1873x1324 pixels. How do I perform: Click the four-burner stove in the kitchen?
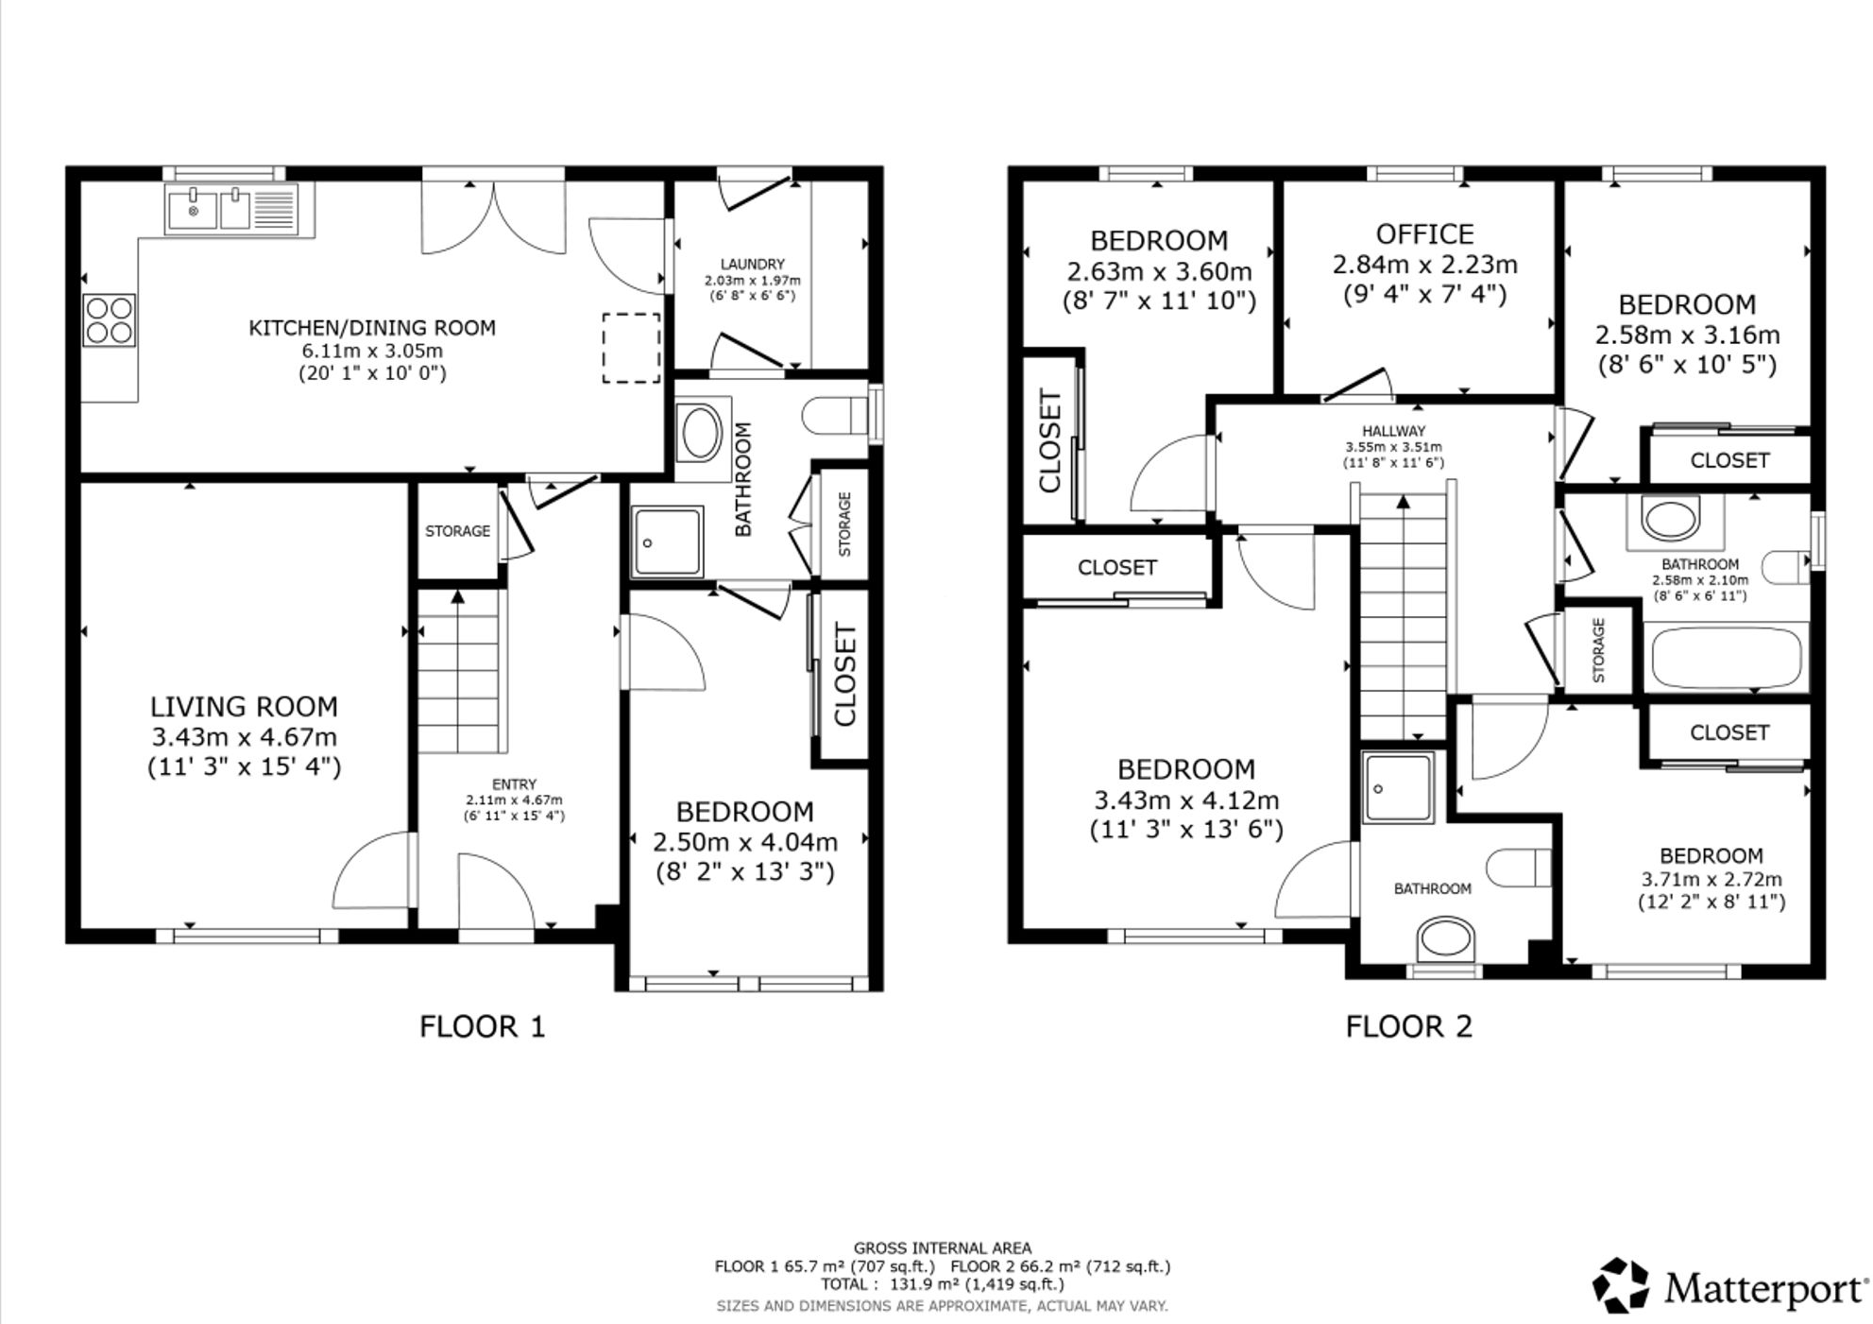pyautogui.click(x=110, y=319)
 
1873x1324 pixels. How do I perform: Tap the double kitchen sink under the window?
pyautogui.click(x=231, y=209)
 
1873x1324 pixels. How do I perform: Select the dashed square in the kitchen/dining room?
pyautogui.click(x=631, y=348)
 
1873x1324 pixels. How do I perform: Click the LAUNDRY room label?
pyautogui.click(x=752, y=265)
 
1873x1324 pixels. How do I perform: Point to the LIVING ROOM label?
pyautogui.click(x=244, y=707)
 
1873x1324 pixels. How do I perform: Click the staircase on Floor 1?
pyautogui.click(x=458, y=671)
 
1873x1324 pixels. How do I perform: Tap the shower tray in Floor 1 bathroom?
pyautogui.click(x=668, y=542)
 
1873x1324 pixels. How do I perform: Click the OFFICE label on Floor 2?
pyautogui.click(x=1424, y=234)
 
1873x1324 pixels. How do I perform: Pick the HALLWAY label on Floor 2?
pyautogui.click(x=1393, y=431)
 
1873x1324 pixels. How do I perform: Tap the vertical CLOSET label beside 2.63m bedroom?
pyautogui.click(x=1050, y=440)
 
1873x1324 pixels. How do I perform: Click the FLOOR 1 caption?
pyautogui.click(x=482, y=1026)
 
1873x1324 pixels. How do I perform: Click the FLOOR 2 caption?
pyautogui.click(x=1408, y=1026)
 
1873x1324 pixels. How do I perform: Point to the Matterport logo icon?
pyautogui.click(x=1621, y=1285)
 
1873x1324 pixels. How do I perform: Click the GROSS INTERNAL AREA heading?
pyautogui.click(x=942, y=1248)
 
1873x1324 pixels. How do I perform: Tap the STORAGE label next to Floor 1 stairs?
pyautogui.click(x=457, y=531)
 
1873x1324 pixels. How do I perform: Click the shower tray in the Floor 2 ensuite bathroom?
pyautogui.click(x=1397, y=787)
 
